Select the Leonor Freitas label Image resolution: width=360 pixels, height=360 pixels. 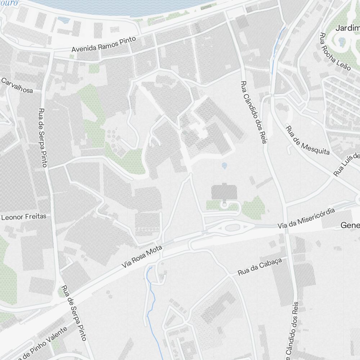pos(24,217)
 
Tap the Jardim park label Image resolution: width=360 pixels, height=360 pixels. pos(347,28)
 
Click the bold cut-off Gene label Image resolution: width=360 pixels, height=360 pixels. pos(350,226)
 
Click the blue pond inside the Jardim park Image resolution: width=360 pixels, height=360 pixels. pos(342,41)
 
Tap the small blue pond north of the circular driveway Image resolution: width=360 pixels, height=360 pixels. pos(225,166)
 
